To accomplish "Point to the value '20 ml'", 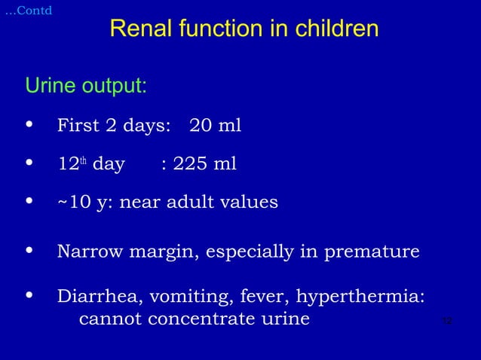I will pyautogui.click(x=215, y=125).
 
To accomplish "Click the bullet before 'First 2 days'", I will pyautogui.click(x=30, y=125).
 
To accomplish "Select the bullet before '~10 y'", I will pyautogui.click(x=30, y=202).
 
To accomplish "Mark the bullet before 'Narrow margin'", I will pyautogui.click(x=30, y=251).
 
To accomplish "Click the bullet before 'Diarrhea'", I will pyautogui.click(x=30, y=295).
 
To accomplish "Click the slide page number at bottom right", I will pyautogui.click(x=446, y=322).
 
